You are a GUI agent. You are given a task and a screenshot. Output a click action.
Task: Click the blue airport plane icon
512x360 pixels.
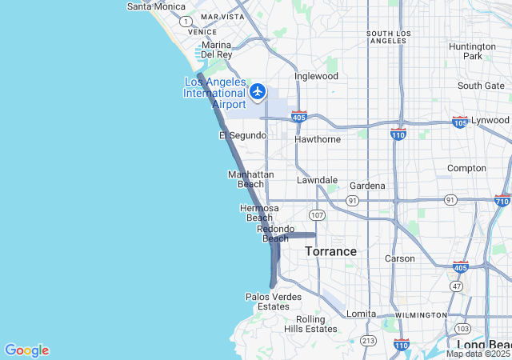(258, 91)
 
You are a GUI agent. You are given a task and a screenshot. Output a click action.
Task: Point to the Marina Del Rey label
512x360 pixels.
(216, 50)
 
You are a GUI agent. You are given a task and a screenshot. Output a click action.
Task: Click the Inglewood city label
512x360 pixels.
(316, 77)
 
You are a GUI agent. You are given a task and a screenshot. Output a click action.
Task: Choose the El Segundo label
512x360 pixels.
(242, 136)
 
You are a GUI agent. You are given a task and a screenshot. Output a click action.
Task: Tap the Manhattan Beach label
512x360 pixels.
(251, 179)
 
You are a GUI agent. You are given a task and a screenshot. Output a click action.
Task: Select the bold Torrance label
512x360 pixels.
(330, 251)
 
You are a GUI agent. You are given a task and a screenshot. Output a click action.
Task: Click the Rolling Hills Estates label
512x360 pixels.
(310, 324)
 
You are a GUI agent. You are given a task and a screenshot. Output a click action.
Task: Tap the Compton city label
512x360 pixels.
(466, 168)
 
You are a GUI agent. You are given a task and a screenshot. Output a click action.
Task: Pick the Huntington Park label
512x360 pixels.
(472, 51)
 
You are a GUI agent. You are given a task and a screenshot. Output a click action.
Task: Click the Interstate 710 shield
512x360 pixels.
(502, 201)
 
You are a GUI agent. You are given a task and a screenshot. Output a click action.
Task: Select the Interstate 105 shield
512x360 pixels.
(460, 122)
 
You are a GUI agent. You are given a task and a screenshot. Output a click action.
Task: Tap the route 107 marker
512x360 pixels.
(318, 215)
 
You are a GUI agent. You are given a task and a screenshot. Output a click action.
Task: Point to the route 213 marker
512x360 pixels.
(368, 341)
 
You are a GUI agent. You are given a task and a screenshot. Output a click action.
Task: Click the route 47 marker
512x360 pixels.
(457, 286)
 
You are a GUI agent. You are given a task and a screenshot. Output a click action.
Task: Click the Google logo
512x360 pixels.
(26, 350)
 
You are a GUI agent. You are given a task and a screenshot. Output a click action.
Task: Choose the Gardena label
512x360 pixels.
(366, 186)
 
